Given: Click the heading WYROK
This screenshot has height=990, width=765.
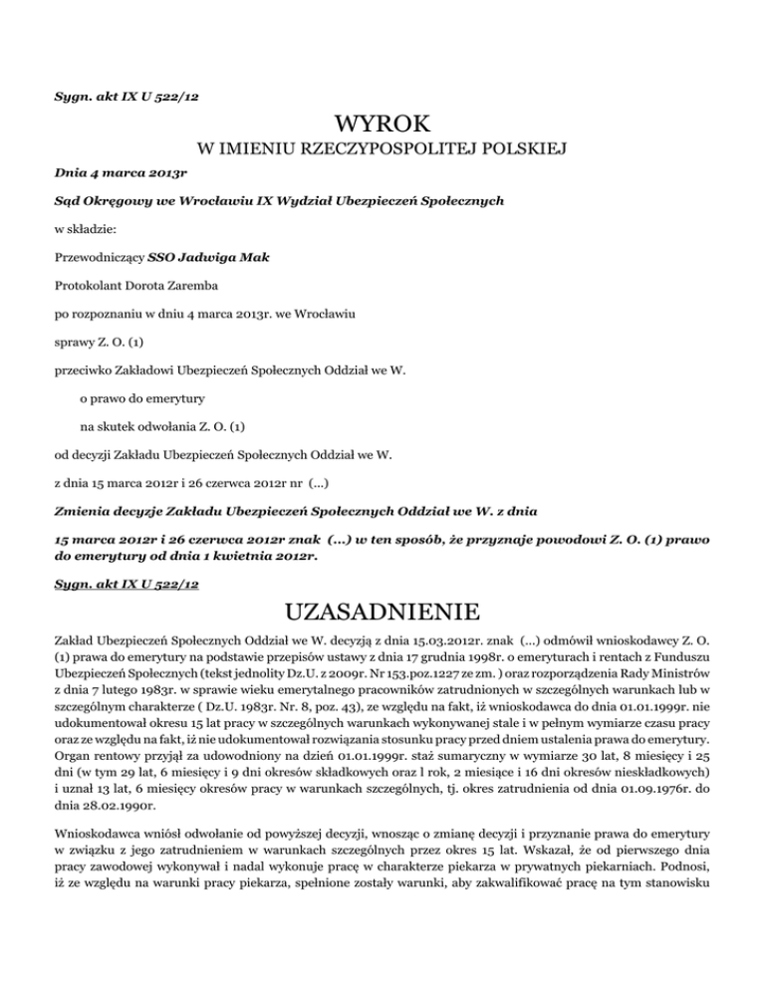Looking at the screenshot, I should coord(382,124).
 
